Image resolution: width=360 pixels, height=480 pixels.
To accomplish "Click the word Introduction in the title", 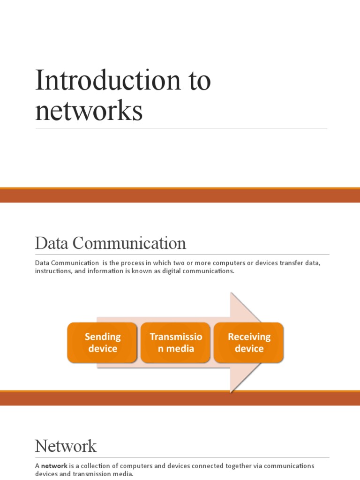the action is coord(105,80).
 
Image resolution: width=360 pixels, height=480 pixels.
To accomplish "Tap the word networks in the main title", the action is coord(89,111).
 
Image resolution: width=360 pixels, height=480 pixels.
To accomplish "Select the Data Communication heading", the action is coord(110,243).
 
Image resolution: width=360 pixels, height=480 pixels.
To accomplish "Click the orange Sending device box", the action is coord(102,343).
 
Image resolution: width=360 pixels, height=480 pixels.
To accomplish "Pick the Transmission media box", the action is coord(175,343).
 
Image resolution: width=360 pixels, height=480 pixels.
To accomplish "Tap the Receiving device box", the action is coord(249,343).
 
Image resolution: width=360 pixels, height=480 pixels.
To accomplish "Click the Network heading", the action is coord(66,446).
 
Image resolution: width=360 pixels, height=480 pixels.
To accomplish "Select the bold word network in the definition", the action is coord(55,466).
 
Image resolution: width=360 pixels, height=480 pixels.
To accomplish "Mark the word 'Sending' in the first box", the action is coord(102,337).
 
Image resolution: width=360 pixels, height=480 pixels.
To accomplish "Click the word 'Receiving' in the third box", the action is coord(249,337).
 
